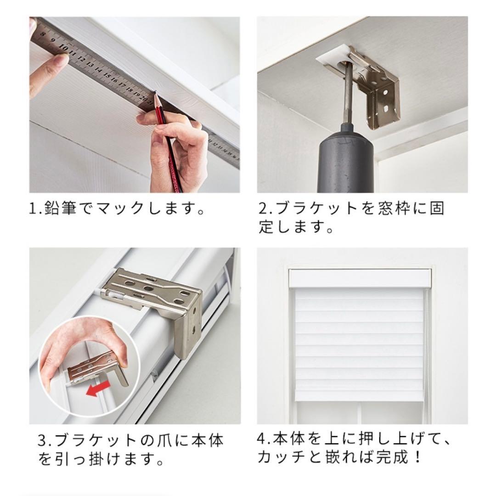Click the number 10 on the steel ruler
64,47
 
